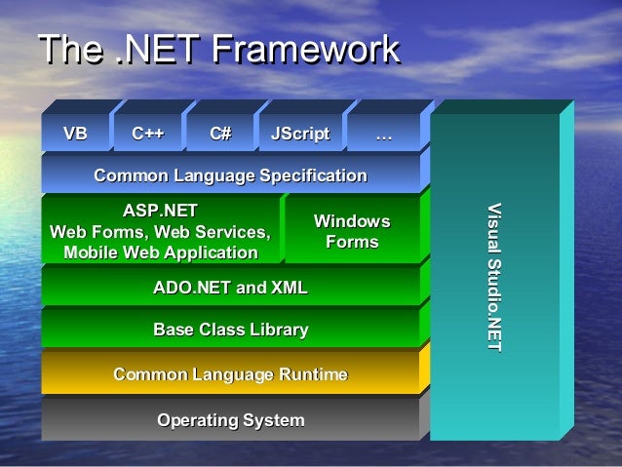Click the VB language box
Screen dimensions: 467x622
[74, 135]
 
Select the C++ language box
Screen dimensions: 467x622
[148, 135]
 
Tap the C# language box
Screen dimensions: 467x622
[220, 135]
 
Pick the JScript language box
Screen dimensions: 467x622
[300, 135]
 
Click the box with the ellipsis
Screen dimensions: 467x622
[383, 135]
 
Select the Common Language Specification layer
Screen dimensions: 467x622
[230, 175]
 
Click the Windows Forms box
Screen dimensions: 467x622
[352, 232]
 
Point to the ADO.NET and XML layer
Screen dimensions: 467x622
[230, 287]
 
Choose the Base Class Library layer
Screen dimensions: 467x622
[230, 331]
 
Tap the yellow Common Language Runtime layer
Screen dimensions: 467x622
[230, 374]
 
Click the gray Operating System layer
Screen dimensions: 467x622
[230, 420]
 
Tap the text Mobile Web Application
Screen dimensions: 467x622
[161, 253]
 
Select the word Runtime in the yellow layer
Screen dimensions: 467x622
[313, 374]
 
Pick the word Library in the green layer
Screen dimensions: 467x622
[278, 331]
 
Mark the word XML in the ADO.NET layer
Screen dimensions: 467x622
[289, 287]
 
